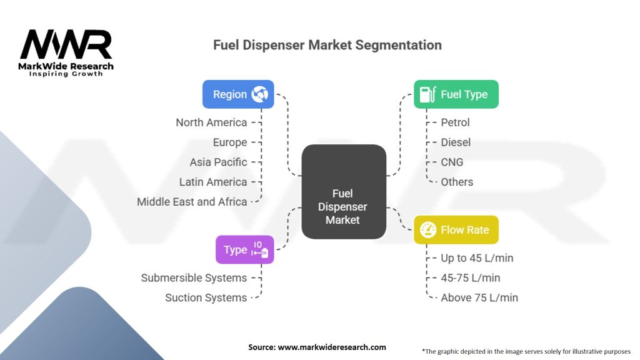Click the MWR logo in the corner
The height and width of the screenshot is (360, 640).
(x=66, y=52)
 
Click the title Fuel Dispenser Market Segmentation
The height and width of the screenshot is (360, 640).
(x=327, y=45)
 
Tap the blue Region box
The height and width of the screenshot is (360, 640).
(x=238, y=94)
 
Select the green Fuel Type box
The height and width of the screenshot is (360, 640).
(x=456, y=94)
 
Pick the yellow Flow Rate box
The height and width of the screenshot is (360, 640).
(x=456, y=230)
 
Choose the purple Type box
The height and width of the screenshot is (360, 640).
(x=245, y=249)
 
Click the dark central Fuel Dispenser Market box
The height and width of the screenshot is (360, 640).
(x=344, y=191)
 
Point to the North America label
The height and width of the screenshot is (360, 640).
(x=211, y=122)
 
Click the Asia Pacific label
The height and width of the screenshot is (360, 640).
(x=218, y=162)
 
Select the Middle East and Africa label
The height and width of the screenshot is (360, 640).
(x=192, y=202)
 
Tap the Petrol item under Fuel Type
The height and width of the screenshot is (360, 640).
(x=455, y=122)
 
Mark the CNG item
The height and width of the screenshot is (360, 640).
(x=452, y=162)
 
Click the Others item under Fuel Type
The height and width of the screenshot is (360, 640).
(x=457, y=182)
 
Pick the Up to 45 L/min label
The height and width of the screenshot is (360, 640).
(x=477, y=258)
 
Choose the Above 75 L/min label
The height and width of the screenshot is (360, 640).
(x=479, y=297)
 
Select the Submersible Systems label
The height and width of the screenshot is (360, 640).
(x=194, y=278)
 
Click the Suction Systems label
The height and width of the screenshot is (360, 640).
(x=206, y=297)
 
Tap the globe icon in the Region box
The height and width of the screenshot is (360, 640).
(x=259, y=94)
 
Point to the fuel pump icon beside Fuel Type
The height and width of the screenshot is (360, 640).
(x=427, y=94)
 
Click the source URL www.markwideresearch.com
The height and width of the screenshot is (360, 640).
(x=332, y=347)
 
